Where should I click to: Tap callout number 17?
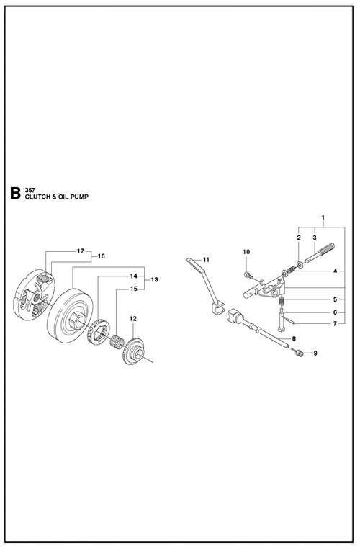(x=81, y=251)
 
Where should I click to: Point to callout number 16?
(x=101, y=256)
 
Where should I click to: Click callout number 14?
(x=133, y=276)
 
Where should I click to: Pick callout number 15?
(x=133, y=289)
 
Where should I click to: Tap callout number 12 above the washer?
(x=132, y=318)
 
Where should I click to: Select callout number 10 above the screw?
(x=246, y=252)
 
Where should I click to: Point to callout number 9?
(x=314, y=353)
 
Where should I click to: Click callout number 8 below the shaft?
(x=294, y=338)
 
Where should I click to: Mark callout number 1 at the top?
(x=323, y=217)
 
